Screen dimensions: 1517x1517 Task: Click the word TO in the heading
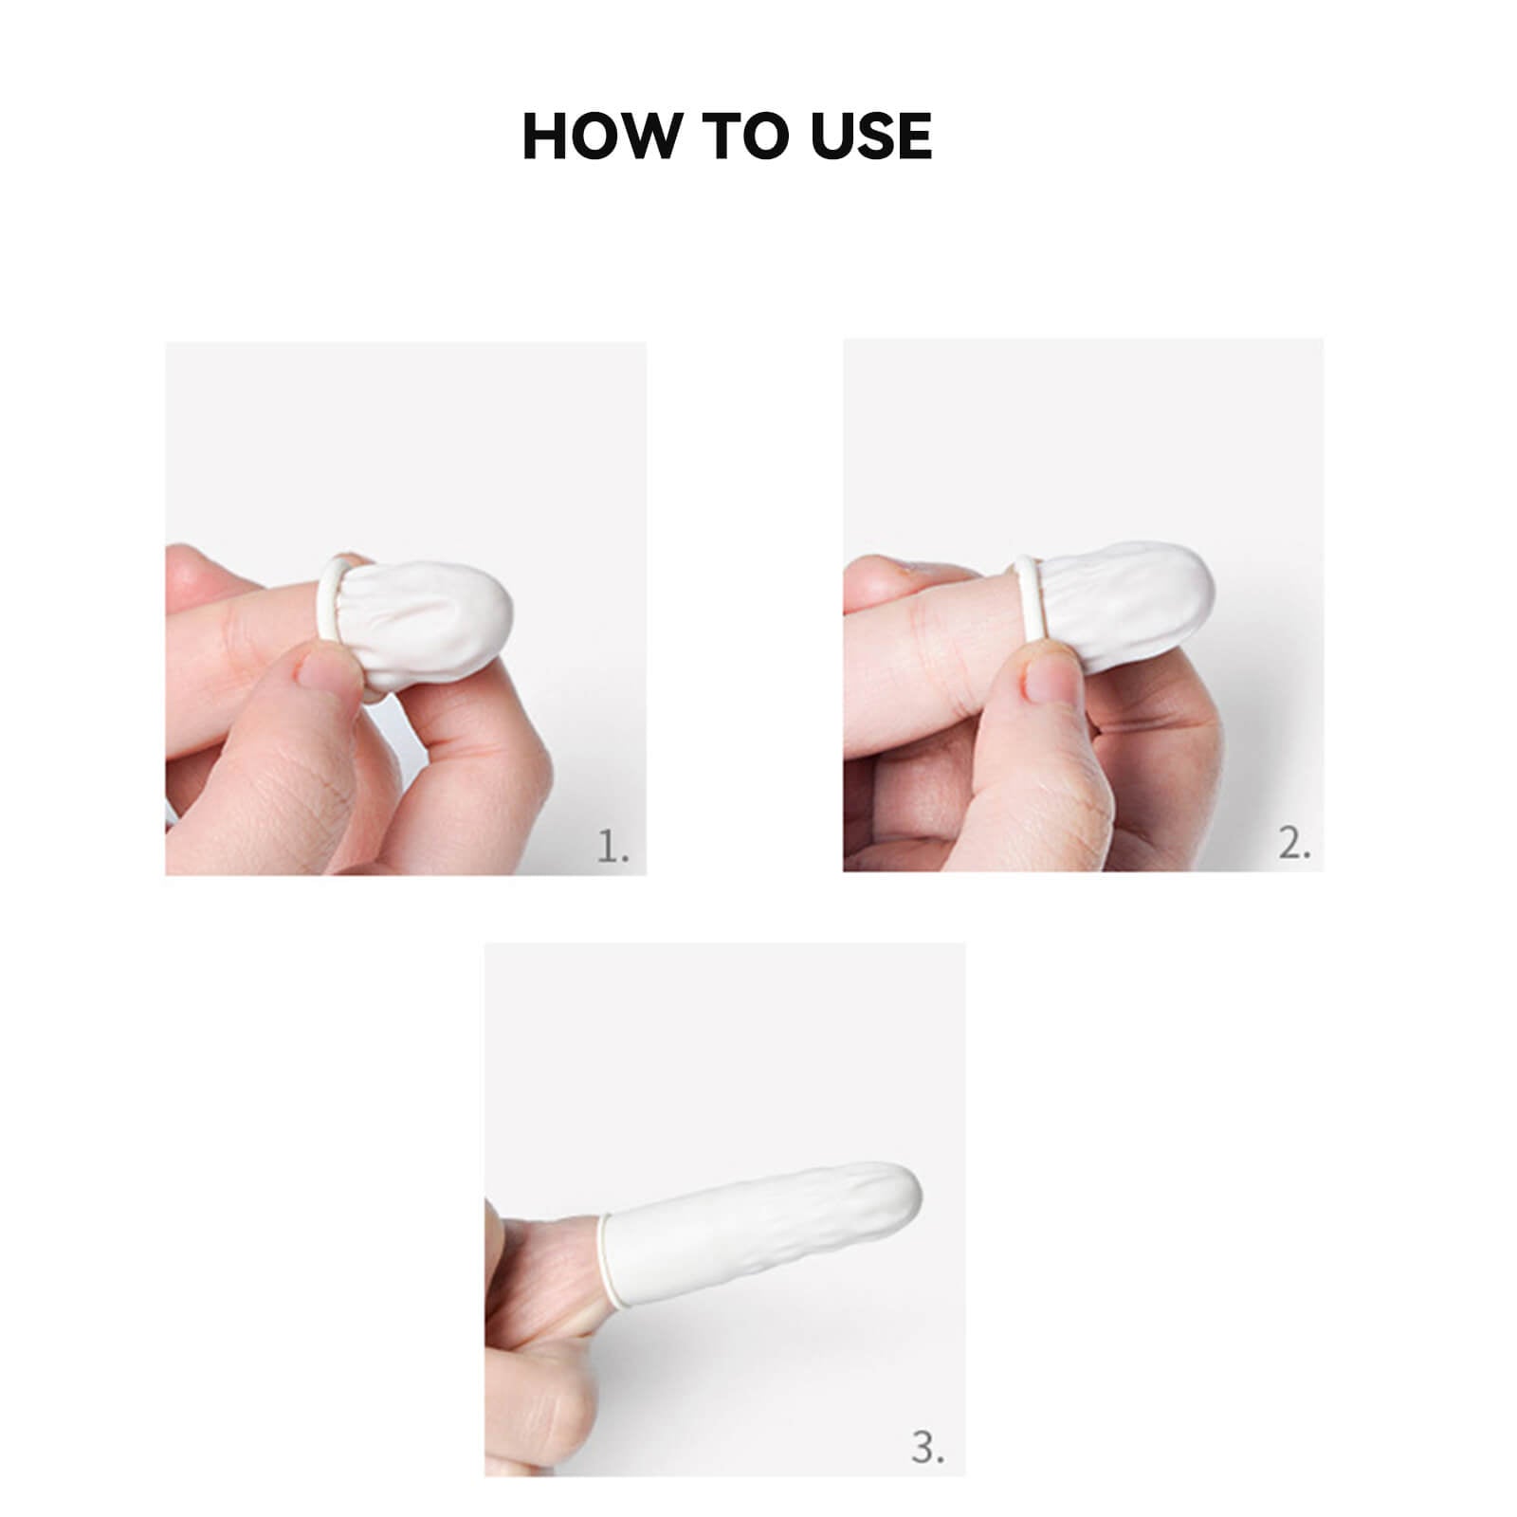744,136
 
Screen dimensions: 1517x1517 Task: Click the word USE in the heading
871,136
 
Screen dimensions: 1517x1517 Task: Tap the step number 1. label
612,847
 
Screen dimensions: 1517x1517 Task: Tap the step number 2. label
1294,843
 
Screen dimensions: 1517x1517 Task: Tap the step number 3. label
927,1448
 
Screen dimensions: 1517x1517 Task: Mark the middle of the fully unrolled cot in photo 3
758,1233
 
